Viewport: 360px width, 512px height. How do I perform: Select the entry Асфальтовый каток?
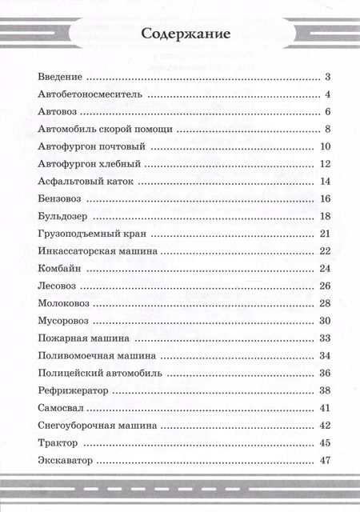tap(83, 181)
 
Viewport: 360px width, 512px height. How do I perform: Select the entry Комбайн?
tap(58, 269)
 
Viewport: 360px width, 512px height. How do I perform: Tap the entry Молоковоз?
tap(63, 303)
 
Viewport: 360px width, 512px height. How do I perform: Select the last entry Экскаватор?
tap(66, 460)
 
